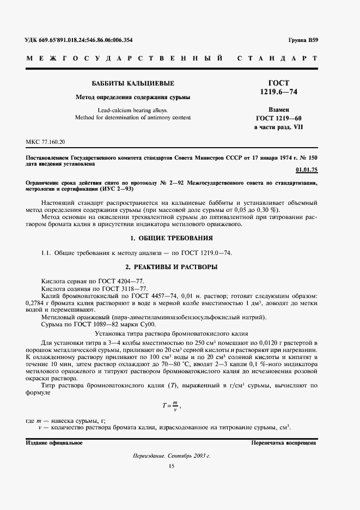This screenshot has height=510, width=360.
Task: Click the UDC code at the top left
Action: pos(79,40)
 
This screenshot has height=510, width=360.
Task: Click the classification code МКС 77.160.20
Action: pos(45,142)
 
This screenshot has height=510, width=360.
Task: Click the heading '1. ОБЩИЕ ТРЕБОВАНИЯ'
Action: pos(172,238)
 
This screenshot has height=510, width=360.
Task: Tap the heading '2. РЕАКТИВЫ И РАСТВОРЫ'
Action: pos(172,267)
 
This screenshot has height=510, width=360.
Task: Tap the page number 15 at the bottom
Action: pos(172,466)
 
